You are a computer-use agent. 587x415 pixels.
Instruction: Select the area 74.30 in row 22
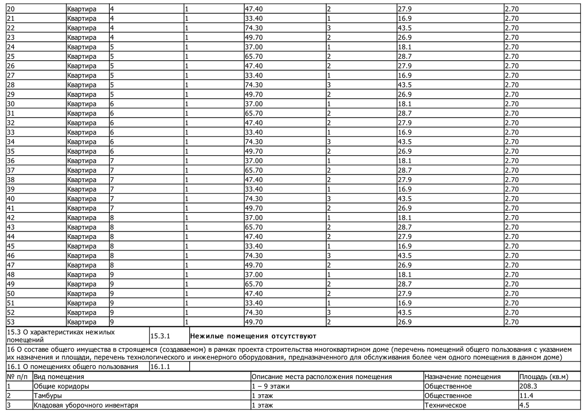[254, 28]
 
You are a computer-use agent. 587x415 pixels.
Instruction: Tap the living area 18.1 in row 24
[404, 47]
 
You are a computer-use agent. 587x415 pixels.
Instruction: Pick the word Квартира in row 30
[81, 104]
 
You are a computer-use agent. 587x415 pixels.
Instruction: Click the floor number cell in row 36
[112, 161]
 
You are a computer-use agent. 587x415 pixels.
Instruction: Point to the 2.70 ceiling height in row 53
[512, 322]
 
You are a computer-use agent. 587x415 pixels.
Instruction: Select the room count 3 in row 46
[329, 256]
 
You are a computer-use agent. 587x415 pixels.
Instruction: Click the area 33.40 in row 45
[254, 246]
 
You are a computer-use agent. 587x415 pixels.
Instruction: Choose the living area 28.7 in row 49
[404, 284]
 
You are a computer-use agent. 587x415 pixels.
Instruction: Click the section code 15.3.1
[160, 336]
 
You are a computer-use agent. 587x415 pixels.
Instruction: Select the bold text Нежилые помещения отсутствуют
[253, 336]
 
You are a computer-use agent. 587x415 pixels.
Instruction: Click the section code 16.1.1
[160, 367]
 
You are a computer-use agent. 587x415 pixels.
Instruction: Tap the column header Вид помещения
[59, 377]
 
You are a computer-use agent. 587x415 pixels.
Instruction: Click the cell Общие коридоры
[61, 386]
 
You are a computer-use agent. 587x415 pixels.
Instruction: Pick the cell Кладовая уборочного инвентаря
[86, 405]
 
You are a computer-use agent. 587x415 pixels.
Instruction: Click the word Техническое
[445, 405]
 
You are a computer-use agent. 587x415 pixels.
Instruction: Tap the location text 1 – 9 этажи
[271, 386]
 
